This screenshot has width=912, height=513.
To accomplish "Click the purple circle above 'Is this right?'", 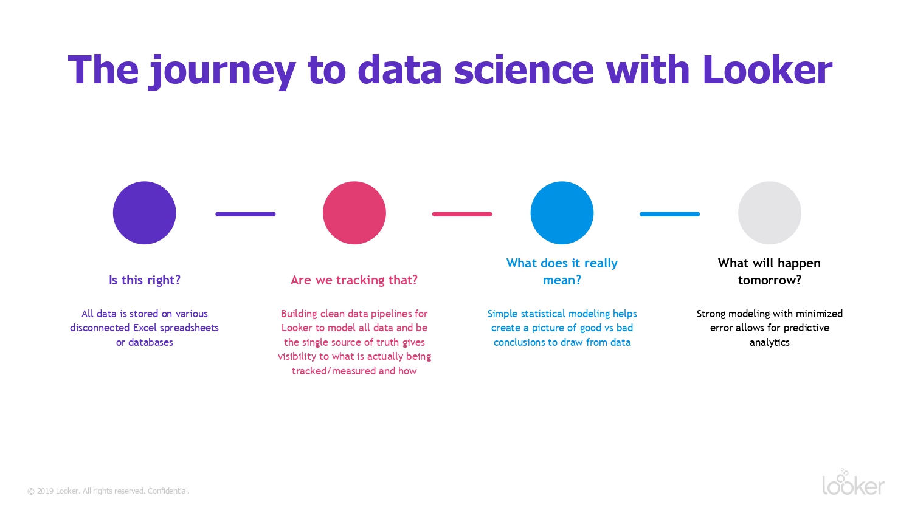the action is [x=145, y=213].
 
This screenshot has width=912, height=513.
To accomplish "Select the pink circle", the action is [x=354, y=213].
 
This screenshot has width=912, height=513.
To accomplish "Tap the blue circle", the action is [x=562, y=213].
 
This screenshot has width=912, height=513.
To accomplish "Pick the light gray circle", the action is [x=770, y=213].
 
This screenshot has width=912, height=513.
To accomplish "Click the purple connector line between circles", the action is [x=246, y=214].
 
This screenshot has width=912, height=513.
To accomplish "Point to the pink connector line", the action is [x=462, y=214].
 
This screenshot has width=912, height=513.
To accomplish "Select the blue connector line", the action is [x=670, y=214].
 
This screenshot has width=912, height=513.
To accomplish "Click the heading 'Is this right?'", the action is [x=145, y=280].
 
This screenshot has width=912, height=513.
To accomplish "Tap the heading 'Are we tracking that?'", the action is [x=354, y=280].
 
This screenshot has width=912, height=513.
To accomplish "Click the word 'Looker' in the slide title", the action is [x=767, y=70].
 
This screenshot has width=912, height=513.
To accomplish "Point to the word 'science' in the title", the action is [x=524, y=70].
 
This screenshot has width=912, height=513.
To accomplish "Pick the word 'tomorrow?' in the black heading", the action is [x=770, y=280].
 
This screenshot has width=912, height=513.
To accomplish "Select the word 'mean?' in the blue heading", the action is [x=562, y=280].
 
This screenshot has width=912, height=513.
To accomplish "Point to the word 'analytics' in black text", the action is [x=770, y=343].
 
